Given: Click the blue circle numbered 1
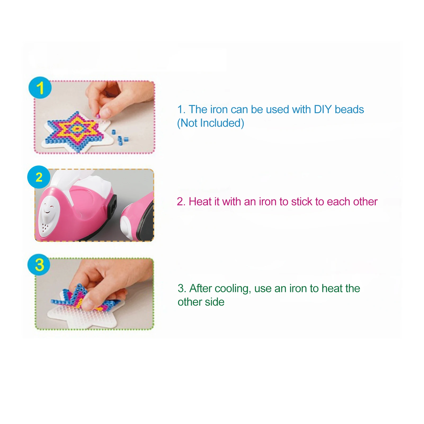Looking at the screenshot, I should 40,88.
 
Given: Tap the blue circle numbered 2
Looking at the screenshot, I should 39,177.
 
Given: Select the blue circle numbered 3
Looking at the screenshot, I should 39,265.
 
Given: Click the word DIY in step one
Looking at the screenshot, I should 323,109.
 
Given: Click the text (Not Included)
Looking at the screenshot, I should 211,123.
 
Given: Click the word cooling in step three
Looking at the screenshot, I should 233,289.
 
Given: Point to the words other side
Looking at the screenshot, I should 201,302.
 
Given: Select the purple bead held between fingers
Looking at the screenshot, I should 98,116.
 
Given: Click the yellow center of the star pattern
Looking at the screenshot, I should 77,129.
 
